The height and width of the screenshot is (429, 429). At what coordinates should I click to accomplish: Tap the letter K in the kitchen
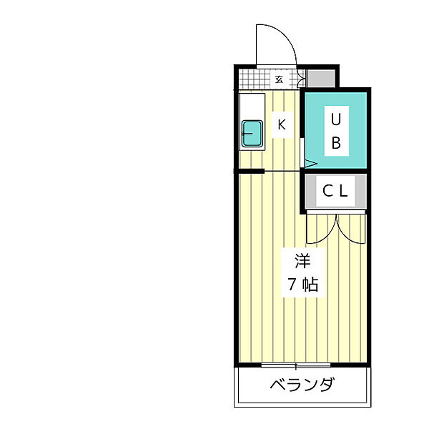(282, 125)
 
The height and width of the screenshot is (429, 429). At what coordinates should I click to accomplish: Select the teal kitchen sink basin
(252, 134)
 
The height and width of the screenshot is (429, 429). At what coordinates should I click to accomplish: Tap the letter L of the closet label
(344, 191)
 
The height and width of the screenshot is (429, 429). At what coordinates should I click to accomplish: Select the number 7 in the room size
(292, 284)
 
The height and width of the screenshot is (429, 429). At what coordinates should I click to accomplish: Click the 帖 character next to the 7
(310, 284)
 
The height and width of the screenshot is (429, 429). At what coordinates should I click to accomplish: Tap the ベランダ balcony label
(302, 386)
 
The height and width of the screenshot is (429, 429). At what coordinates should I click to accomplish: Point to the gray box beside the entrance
(320, 78)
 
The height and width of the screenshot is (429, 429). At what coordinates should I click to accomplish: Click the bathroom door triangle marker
(310, 164)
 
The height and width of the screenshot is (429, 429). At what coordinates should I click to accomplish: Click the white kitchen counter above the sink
(252, 107)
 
